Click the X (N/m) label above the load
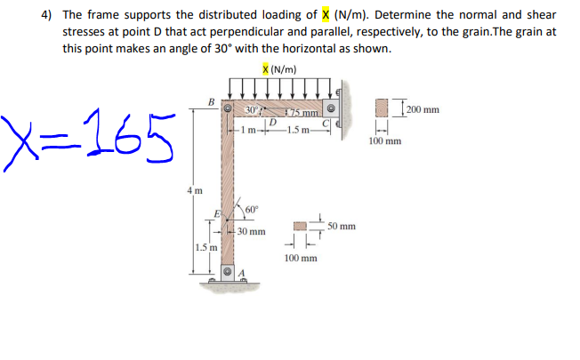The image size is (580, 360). [x=280, y=70]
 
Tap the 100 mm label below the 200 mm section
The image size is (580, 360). [x=384, y=140]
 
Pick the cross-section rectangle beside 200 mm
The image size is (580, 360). [x=385, y=108]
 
